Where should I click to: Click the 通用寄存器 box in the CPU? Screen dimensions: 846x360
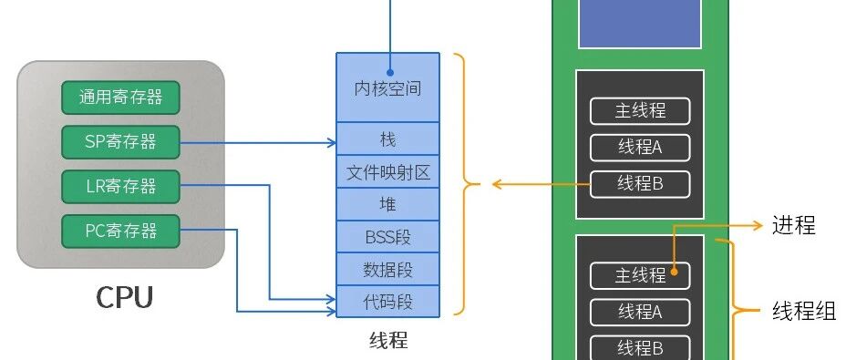click(x=120, y=98)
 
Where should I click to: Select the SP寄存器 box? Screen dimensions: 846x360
click(x=120, y=142)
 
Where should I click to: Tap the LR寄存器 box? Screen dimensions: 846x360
click(x=120, y=187)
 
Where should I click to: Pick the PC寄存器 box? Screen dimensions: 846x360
click(x=120, y=231)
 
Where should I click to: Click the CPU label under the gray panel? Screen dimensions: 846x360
click(x=125, y=297)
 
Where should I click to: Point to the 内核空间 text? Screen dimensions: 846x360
click(x=387, y=88)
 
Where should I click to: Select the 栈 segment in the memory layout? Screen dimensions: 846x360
click(x=388, y=139)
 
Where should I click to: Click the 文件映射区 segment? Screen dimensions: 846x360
click(x=388, y=171)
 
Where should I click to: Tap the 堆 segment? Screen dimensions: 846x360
click(x=388, y=204)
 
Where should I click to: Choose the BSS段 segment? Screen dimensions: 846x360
click(x=388, y=236)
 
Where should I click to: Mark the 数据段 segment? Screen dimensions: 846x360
click(x=388, y=269)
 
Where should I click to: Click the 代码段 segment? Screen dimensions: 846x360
click(x=388, y=301)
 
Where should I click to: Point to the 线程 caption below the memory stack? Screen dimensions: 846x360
click(x=388, y=341)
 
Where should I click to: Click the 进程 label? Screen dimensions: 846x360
click(x=794, y=225)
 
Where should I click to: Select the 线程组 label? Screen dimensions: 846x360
click(x=804, y=312)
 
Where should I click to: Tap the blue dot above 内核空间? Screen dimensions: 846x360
click(x=390, y=72)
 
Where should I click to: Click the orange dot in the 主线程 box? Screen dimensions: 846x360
click(x=674, y=272)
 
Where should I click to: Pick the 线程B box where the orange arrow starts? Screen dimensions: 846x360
click(x=640, y=185)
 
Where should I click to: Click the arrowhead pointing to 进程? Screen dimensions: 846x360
click(x=758, y=226)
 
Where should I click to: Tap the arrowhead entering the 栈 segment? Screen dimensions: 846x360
click(x=331, y=142)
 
